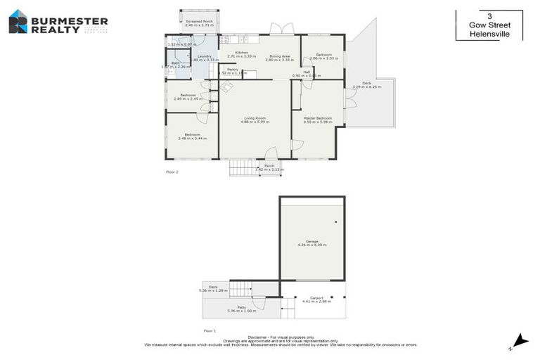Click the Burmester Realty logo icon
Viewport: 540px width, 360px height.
point(18,22)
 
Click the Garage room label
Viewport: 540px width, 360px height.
point(311,241)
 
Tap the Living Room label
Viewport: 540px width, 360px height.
point(255,118)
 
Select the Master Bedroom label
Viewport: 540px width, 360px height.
point(318,118)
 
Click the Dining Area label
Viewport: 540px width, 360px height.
point(278,56)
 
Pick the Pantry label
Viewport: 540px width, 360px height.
point(233,69)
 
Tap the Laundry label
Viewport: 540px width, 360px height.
point(205,56)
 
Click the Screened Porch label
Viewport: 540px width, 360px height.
point(199,22)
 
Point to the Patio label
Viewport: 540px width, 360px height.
point(241,307)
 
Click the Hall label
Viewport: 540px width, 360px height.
point(307,72)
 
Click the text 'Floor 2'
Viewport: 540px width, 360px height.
point(172,172)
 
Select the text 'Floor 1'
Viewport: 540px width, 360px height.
point(210,330)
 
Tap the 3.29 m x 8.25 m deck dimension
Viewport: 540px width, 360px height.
point(366,86)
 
